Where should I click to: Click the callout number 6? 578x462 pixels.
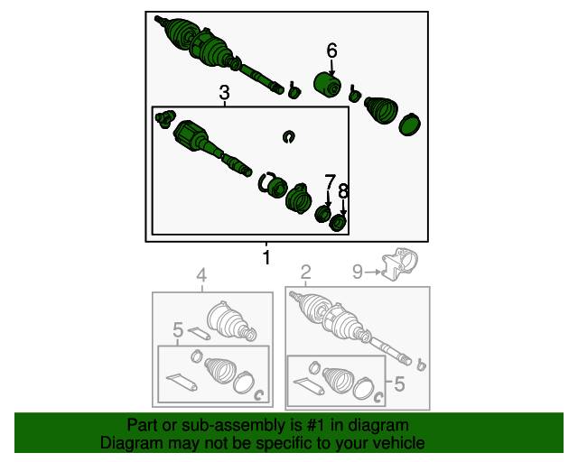click(331, 51)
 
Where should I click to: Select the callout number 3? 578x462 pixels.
click(225, 92)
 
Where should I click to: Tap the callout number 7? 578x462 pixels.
click(331, 182)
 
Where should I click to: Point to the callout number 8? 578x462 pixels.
click(343, 191)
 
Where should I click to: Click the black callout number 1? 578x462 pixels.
click(266, 257)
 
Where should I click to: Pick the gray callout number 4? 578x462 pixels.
click(201, 275)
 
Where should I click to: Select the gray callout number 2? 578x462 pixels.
click(306, 273)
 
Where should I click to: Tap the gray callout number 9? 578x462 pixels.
click(358, 272)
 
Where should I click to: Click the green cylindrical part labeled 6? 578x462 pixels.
click(327, 85)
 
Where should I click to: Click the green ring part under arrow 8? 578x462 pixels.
click(338, 223)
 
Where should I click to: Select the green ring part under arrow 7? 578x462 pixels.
click(323, 214)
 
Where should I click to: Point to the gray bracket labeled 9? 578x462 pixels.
click(399, 264)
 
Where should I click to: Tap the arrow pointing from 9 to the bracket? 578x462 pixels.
click(373, 272)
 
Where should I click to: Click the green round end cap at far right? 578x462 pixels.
click(409, 125)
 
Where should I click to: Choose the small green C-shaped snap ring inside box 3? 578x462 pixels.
click(289, 136)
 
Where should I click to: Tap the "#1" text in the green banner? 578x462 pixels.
click(316, 425)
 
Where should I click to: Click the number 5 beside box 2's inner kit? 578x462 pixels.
click(399, 383)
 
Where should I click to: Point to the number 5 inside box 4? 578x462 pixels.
click(178, 329)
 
